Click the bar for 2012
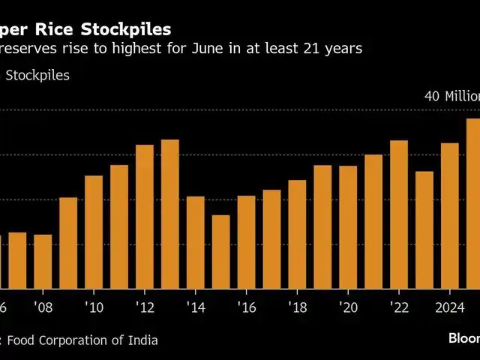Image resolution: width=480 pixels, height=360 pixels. [145, 217]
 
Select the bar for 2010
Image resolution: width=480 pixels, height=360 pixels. [94, 232]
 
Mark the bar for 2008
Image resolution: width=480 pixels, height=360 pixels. [43, 262]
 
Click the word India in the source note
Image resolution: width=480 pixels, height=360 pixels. [141, 340]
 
